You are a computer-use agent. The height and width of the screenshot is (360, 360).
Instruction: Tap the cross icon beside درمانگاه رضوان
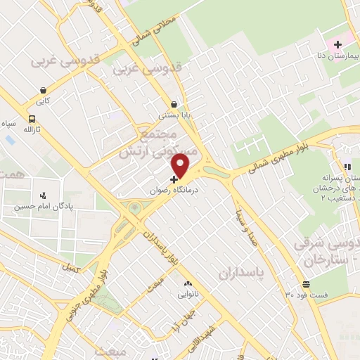click(x=174, y=179)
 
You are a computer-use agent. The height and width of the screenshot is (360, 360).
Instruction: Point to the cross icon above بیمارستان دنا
click(x=337, y=45)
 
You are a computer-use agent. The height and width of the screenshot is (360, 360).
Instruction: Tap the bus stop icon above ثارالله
click(x=32, y=119)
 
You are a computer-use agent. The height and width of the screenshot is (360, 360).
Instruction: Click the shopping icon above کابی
click(x=44, y=90)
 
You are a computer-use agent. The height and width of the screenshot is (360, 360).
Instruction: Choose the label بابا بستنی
click(x=172, y=115)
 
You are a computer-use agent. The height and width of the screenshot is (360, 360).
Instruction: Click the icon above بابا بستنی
click(x=173, y=103)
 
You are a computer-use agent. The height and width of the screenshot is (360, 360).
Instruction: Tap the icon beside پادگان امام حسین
click(x=44, y=195)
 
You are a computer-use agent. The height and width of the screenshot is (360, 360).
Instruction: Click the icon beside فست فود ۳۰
click(x=306, y=284)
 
